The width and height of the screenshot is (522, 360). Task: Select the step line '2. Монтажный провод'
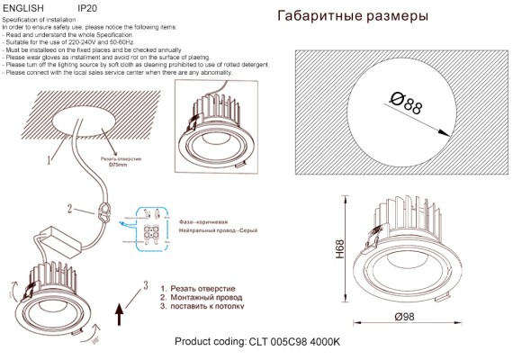tap(202, 296)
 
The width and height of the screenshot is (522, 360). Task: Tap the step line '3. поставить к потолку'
tap(204, 307)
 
